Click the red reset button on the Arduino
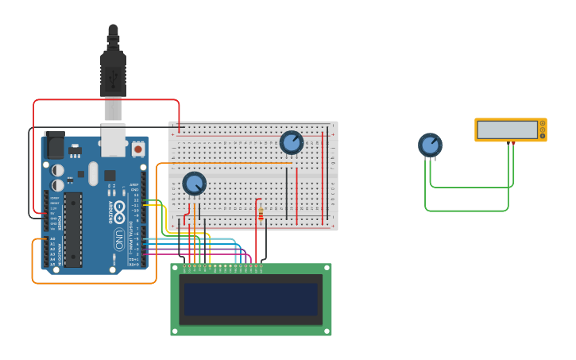(138, 149)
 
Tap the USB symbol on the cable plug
(113, 78)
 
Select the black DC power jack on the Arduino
(54, 145)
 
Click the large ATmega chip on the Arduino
(72, 229)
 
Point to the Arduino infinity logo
(119, 212)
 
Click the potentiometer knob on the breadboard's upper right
(292, 142)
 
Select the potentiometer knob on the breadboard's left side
(195, 184)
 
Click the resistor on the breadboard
(260, 212)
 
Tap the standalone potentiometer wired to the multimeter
(430, 145)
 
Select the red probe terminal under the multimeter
(514, 143)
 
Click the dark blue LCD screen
(251, 300)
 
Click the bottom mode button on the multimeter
(543, 136)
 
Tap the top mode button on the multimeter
(543, 123)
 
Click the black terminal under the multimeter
(508, 143)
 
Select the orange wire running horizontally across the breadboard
(230, 163)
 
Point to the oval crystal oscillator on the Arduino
(93, 173)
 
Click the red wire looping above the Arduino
(106, 100)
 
